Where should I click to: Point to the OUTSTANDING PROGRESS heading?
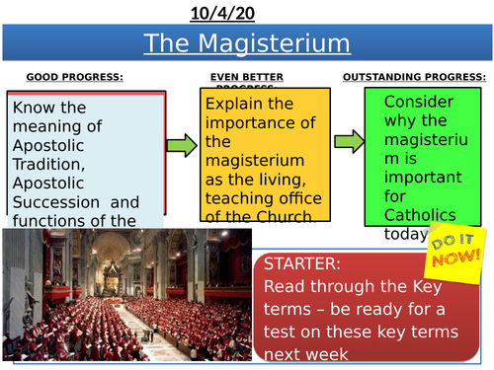click(414, 77)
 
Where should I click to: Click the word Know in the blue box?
click(34, 108)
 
